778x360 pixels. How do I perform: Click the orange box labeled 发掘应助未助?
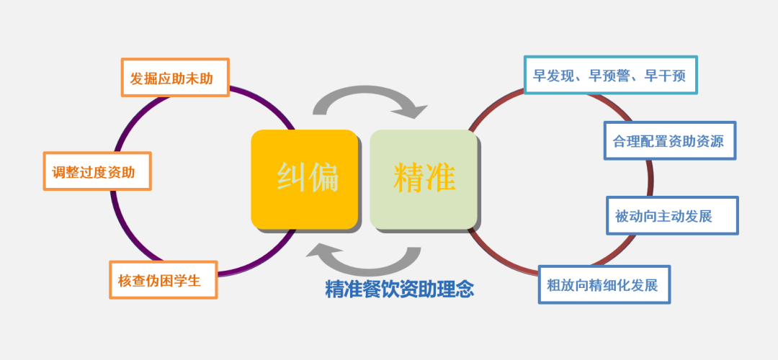(x=175, y=77)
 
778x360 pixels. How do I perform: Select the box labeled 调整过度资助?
(x=97, y=171)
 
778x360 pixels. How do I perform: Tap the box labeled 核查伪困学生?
(x=164, y=279)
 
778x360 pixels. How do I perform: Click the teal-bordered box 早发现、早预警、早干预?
(x=611, y=75)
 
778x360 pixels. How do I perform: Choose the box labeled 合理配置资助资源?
(x=670, y=141)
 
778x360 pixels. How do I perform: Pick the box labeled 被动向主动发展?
(x=672, y=216)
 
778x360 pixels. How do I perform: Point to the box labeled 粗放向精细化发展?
(x=604, y=284)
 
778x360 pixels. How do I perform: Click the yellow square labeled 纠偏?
(x=305, y=179)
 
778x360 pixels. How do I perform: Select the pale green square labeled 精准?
(x=424, y=179)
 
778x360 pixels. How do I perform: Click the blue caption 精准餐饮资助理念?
(x=399, y=289)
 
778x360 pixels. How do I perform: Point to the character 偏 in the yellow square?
(x=323, y=177)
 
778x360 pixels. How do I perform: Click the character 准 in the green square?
(x=440, y=177)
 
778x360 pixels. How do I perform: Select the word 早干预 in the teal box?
(x=665, y=76)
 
